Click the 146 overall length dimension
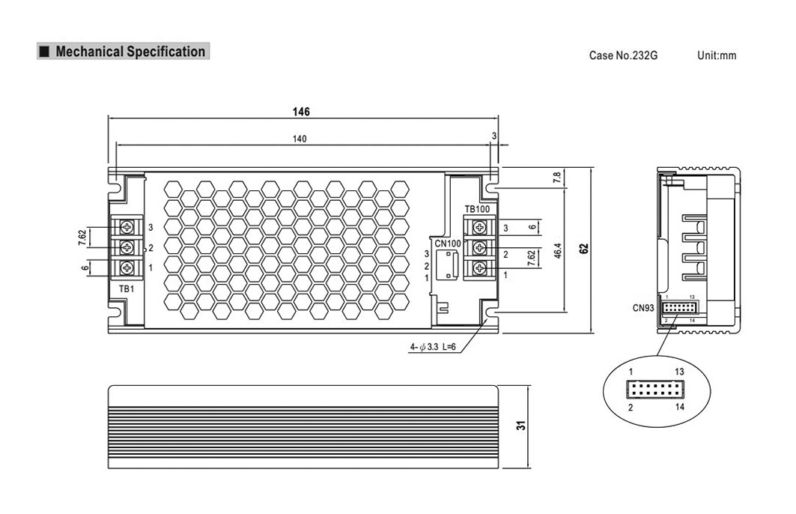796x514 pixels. [x=301, y=111]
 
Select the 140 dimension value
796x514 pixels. [x=300, y=139]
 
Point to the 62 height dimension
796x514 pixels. [x=584, y=249]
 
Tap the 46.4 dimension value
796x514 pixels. [x=558, y=250]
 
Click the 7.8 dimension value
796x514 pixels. [x=557, y=178]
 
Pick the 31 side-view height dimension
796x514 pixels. [x=521, y=426]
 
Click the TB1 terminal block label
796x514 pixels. [x=127, y=288]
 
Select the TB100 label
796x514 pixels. [x=477, y=209]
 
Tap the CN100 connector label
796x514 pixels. [x=448, y=244]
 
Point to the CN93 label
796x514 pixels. [x=643, y=308]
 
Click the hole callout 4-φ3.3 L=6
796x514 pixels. [x=433, y=347]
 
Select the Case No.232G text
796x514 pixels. [x=623, y=55]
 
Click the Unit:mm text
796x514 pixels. [x=717, y=55]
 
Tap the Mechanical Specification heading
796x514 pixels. [x=130, y=51]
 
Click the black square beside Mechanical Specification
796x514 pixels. [x=45, y=51]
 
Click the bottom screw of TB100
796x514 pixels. [x=479, y=267]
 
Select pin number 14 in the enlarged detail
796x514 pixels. [x=680, y=407]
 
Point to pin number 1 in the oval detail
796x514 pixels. [x=631, y=372]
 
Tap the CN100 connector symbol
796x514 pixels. [x=448, y=264]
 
